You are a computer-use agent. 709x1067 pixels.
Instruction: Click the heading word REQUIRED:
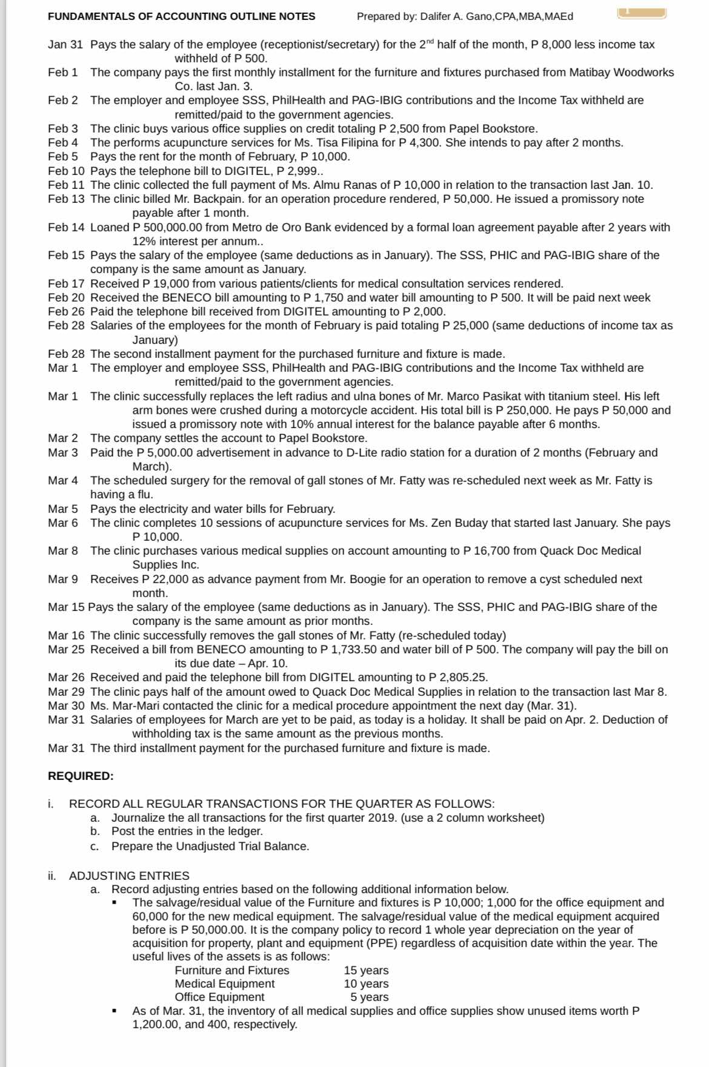[81, 776]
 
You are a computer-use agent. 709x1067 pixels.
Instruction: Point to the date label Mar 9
[63, 580]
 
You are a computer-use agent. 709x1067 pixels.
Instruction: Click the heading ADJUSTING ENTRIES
[129, 876]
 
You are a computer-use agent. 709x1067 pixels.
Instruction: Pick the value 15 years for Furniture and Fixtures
[366, 971]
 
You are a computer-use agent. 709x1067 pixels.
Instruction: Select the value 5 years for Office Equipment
[369, 997]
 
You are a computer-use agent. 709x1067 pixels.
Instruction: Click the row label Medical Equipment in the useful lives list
[224, 984]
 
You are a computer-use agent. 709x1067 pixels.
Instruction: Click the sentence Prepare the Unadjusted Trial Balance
[210, 846]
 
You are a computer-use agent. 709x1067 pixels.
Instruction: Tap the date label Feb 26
[66, 312]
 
